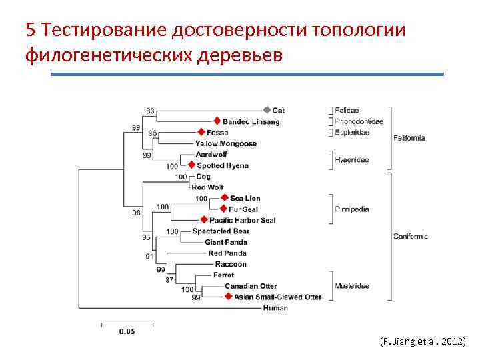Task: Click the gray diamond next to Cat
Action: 267,110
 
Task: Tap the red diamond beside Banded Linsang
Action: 217,121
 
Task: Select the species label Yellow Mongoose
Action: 226,143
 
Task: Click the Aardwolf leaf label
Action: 212,154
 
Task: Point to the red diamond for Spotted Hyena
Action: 191,165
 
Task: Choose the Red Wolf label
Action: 207,187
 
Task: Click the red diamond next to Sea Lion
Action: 224,198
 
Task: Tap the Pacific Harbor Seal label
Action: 242,220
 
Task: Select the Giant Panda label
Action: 226,242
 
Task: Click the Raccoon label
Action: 231,264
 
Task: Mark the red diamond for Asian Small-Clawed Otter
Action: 229,297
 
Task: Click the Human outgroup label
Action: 275,308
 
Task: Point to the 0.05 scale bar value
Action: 127,331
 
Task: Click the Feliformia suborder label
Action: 409,138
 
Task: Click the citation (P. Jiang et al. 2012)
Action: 423,341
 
